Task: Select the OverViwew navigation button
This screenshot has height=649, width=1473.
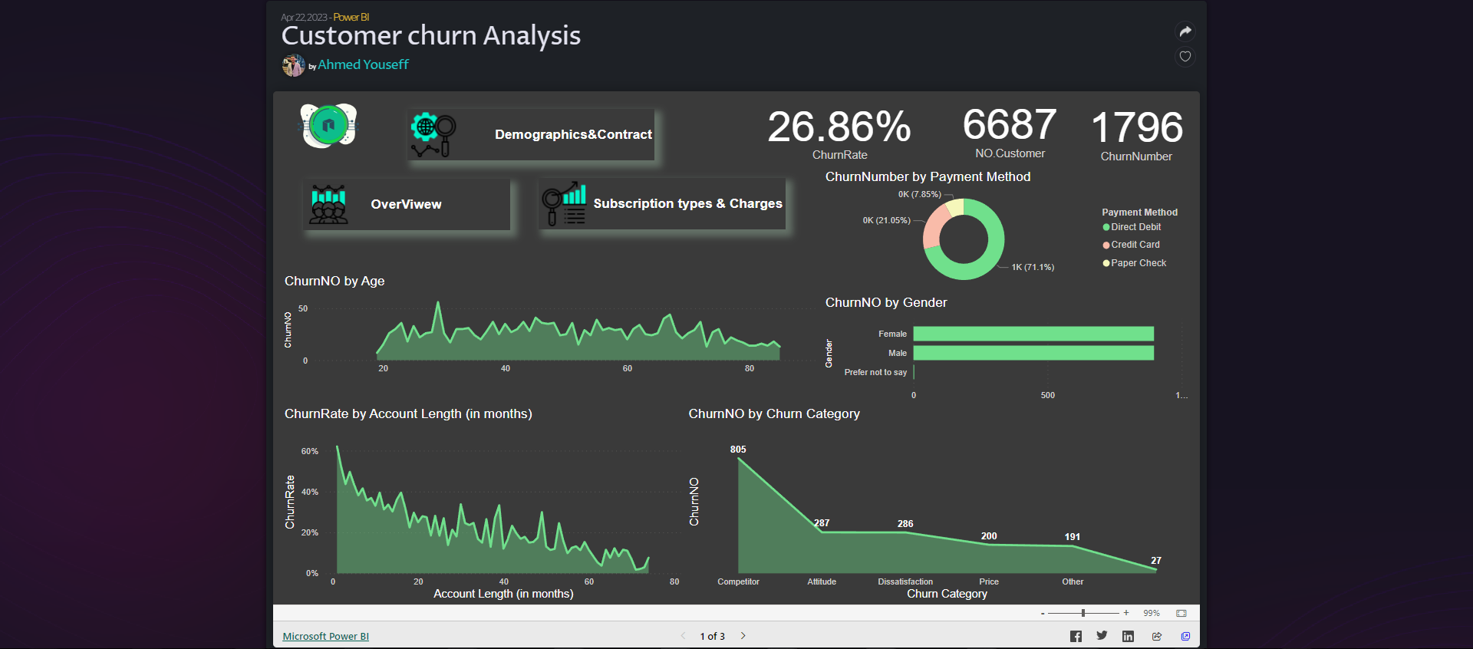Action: (407, 204)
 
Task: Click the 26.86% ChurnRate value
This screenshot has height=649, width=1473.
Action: (839, 127)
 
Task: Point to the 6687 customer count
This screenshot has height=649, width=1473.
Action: (1010, 124)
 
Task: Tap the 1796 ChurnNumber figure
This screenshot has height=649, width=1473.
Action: (1136, 127)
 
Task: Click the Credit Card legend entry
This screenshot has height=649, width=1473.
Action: (1135, 245)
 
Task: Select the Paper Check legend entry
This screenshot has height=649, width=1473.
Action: (1138, 263)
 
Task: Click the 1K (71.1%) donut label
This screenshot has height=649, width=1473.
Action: (1033, 267)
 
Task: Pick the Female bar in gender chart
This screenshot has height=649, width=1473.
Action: (1033, 334)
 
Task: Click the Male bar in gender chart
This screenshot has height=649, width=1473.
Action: (1033, 353)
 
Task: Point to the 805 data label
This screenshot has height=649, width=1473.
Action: (738, 450)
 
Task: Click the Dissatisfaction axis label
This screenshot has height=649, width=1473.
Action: (905, 581)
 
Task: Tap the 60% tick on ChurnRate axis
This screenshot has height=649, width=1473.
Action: (309, 451)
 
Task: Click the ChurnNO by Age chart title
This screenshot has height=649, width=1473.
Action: (334, 281)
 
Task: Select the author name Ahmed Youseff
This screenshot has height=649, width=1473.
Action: (363, 64)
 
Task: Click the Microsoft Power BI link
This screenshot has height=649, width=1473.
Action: (325, 636)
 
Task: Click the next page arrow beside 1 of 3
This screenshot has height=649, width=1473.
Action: (743, 636)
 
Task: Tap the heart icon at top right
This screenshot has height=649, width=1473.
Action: (1185, 56)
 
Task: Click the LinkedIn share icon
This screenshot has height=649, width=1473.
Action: (1128, 636)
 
